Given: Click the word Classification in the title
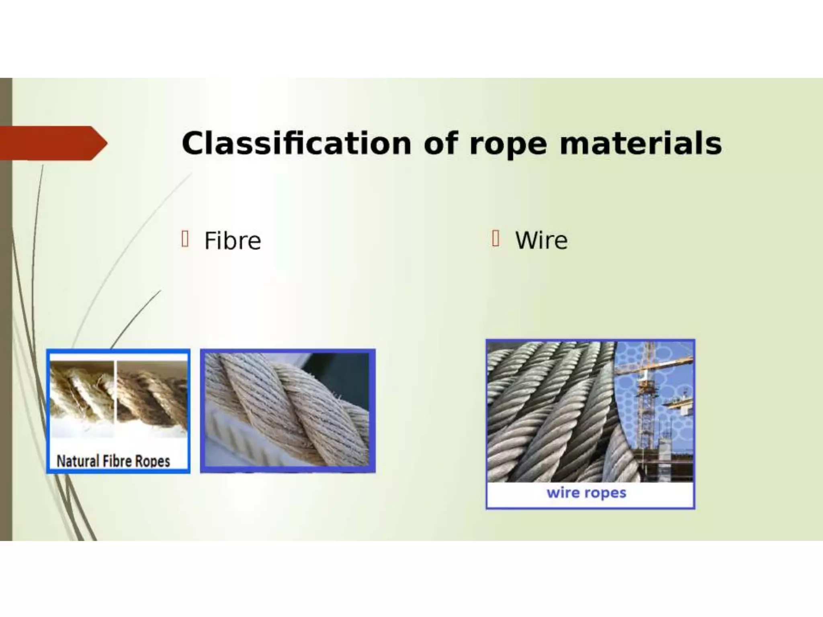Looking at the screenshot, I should coord(296,143).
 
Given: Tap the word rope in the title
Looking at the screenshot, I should coord(508,143).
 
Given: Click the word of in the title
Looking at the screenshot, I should coord(440,143).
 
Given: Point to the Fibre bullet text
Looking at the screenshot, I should coord(233,241).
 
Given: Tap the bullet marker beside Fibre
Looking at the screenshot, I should coord(185,239).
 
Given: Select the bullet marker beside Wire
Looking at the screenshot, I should coord(495,239).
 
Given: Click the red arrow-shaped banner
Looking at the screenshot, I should coord(52,143).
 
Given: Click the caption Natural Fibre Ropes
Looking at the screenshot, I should coord(113,461).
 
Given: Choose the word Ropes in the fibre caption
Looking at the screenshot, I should coord(152,461).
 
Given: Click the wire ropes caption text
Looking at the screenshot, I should coord(586,492).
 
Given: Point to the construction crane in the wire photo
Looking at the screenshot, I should coord(647,386).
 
